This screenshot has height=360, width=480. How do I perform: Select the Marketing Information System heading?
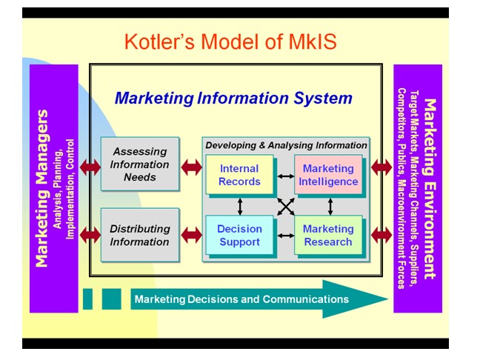(x=233, y=97)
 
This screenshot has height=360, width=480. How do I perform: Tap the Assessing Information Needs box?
(x=140, y=164)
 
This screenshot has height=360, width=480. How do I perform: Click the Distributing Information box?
(x=140, y=235)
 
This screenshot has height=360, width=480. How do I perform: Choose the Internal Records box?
(x=239, y=176)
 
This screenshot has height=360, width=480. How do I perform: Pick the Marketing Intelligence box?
(x=329, y=176)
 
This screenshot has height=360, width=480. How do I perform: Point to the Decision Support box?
(x=239, y=236)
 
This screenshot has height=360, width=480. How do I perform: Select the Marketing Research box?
(x=328, y=236)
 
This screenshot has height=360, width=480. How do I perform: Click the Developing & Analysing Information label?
(x=286, y=145)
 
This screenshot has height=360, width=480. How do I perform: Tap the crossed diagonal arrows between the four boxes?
(x=285, y=206)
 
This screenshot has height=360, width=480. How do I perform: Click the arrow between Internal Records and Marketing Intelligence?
(x=285, y=176)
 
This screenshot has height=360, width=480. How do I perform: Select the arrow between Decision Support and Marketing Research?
(x=285, y=236)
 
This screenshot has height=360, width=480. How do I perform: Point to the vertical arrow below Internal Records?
(x=240, y=205)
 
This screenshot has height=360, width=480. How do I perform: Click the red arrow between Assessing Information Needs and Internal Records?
(x=191, y=167)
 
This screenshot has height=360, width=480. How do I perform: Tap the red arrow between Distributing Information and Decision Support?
(x=191, y=236)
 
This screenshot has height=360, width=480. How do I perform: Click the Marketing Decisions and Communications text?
(x=241, y=299)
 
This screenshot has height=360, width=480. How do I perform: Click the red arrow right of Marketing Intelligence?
(x=381, y=167)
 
